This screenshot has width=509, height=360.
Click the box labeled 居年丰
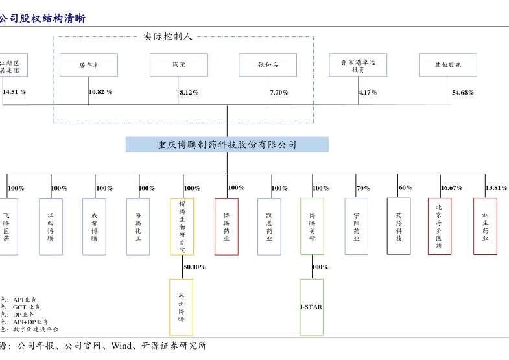click(x=89, y=66)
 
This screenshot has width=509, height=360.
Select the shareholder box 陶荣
click(x=179, y=66)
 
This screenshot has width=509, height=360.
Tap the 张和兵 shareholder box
click(x=268, y=66)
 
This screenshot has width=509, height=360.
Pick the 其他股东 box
click(x=448, y=66)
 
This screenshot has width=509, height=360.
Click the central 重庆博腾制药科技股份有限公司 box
click(x=227, y=145)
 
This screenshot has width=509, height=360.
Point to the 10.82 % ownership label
click(x=101, y=92)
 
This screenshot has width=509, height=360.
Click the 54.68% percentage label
click(x=463, y=93)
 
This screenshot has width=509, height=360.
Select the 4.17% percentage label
click(x=368, y=93)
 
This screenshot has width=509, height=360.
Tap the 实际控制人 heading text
click(x=168, y=36)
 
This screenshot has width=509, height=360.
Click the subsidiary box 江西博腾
click(x=51, y=226)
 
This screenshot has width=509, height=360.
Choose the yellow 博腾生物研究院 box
click(x=182, y=226)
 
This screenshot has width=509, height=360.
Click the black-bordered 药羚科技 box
click(x=399, y=226)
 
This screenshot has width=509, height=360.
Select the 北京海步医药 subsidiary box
click(x=439, y=226)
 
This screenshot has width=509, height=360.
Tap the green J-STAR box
click(x=311, y=307)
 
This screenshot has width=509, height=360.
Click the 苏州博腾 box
click(x=182, y=307)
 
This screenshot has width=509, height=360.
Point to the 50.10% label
click(x=195, y=267)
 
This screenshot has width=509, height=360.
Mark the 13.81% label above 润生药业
click(x=496, y=188)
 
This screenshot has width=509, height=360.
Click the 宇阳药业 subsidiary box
click(x=356, y=226)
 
